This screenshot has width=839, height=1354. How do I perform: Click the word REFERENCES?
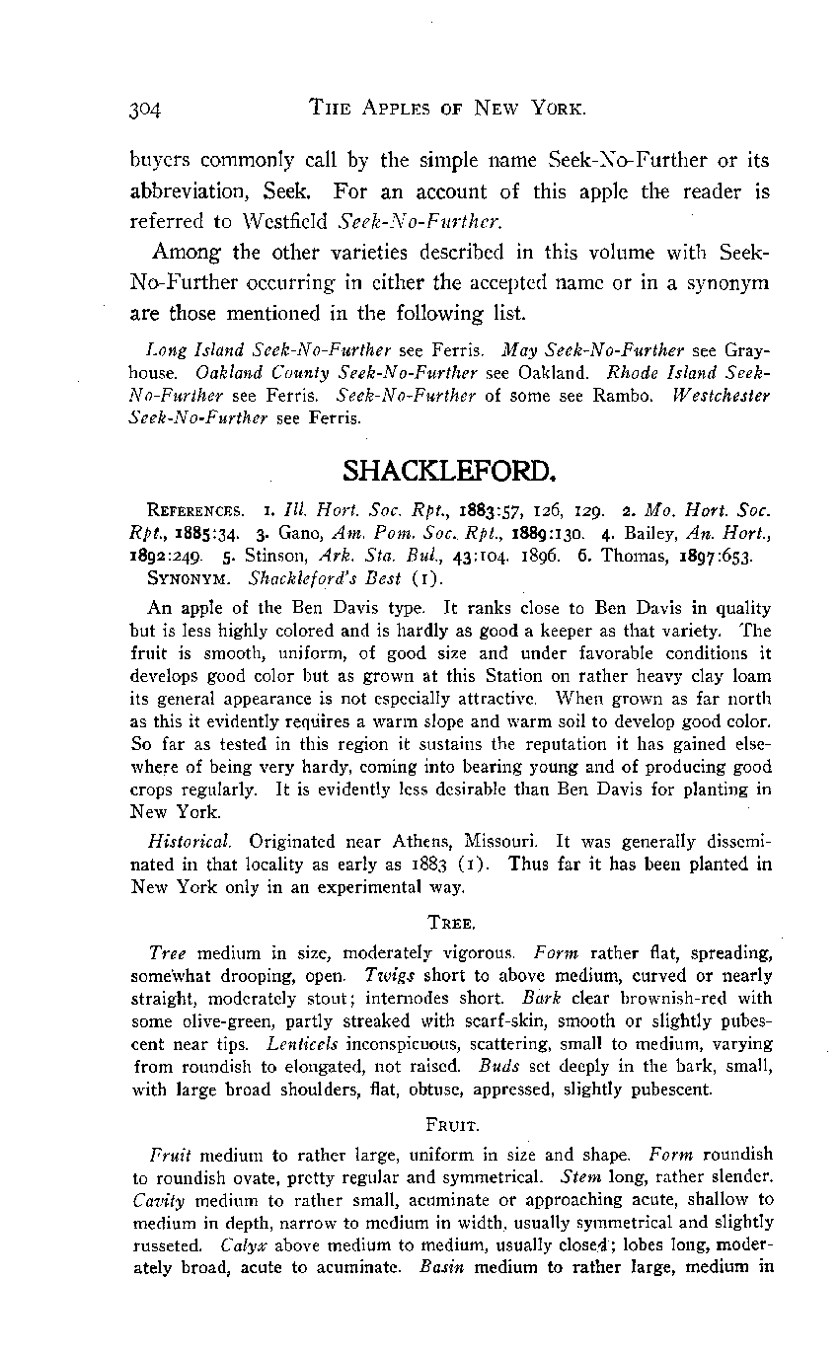pos(191,514)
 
